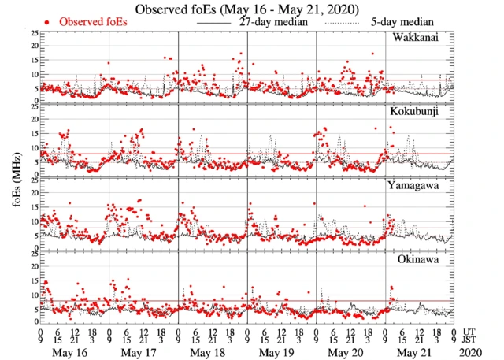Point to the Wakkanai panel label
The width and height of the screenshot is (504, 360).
(x=417, y=38)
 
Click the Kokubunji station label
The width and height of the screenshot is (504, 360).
(x=415, y=113)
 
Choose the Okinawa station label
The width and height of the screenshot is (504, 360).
(x=417, y=258)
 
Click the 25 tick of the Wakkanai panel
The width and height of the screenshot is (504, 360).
(x=34, y=33)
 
